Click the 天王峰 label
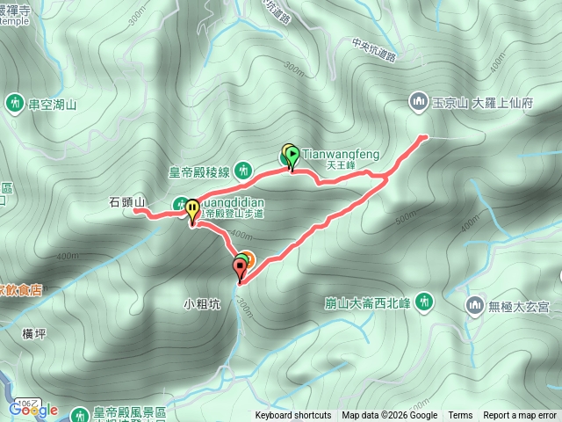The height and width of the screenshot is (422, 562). click(339, 164)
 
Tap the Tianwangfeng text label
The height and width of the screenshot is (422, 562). click(341, 154)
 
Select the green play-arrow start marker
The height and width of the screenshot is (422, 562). click(292, 156)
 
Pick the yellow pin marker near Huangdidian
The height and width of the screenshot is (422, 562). click(192, 211)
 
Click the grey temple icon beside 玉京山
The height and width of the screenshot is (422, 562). click(417, 103)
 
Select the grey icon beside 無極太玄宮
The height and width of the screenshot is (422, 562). click(475, 306)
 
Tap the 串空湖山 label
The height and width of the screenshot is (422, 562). click(54, 105)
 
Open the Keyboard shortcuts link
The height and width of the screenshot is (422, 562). click(293, 416)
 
